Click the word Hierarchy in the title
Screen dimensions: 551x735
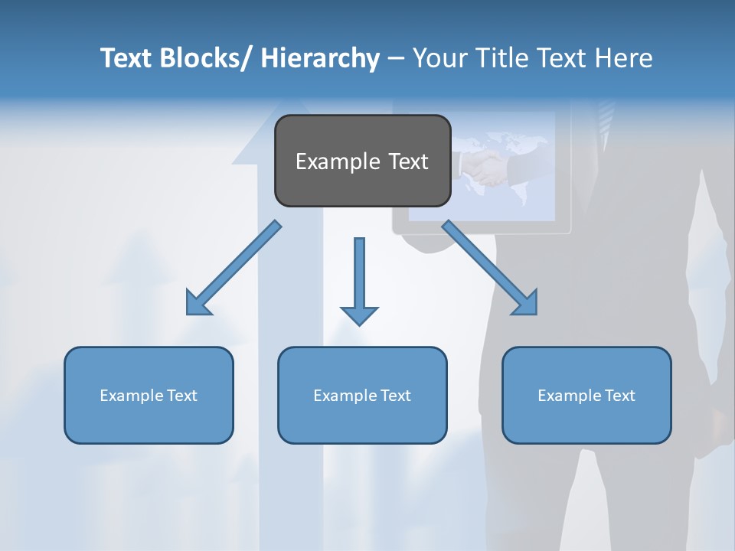point(320,58)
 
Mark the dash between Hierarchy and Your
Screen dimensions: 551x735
point(395,59)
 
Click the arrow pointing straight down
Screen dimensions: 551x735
point(359,283)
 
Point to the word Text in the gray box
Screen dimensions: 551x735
point(407,161)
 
